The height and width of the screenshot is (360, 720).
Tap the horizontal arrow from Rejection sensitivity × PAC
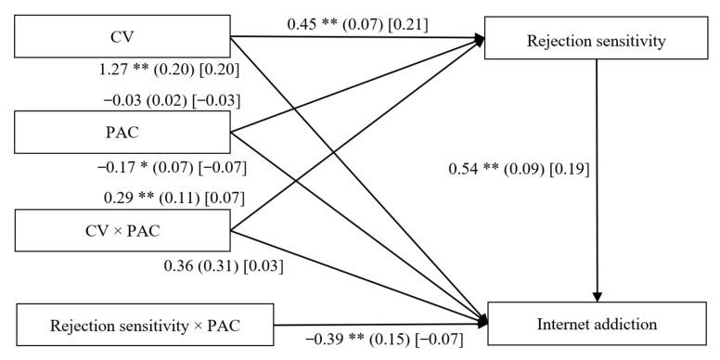click(x=380, y=325)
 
